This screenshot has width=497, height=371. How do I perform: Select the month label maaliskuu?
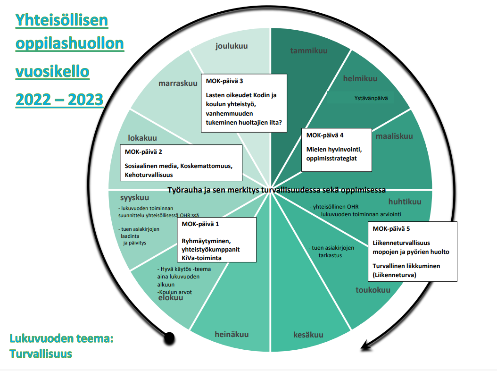pyautogui.click(x=394, y=136)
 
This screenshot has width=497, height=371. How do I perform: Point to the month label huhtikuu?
pyautogui.click(x=405, y=202)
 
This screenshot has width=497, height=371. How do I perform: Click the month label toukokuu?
pyautogui.click(x=373, y=290)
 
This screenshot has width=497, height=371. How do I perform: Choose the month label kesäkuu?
pyautogui.click(x=308, y=335)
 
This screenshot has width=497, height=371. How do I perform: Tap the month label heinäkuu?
pyautogui.click(x=232, y=334)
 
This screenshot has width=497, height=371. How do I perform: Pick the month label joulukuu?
pyautogui.click(x=232, y=46)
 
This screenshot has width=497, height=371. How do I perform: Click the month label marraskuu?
pyautogui.click(x=178, y=84)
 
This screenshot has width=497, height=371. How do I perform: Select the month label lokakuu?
pyautogui.click(x=142, y=138)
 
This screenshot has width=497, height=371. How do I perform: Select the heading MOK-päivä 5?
pyautogui.click(x=391, y=229)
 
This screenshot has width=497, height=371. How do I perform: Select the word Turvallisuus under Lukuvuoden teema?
pyautogui.click(x=41, y=354)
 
